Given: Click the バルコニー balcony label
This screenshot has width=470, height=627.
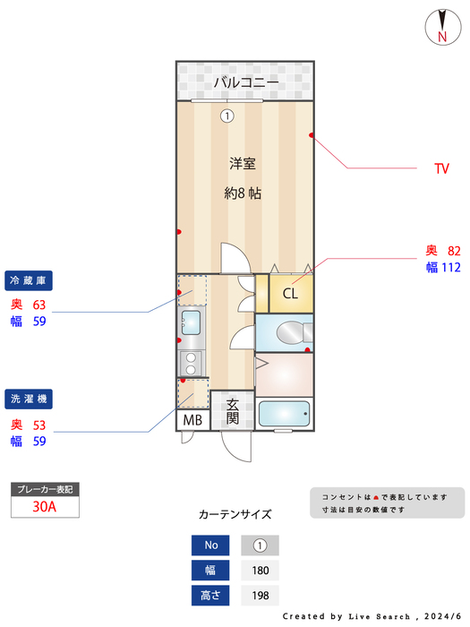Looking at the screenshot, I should [245, 83].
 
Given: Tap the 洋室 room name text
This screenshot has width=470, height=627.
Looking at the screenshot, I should [243, 163].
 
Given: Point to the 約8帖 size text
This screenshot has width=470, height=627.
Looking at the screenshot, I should [243, 193].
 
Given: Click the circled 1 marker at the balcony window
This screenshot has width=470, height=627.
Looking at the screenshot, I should [227, 115].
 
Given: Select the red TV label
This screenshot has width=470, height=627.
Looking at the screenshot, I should [440, 168].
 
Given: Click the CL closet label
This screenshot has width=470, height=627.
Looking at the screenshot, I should [291, 293].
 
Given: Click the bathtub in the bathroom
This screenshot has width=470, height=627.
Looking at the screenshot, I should [284, 414].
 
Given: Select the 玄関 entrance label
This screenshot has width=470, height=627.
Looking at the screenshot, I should [232, 411].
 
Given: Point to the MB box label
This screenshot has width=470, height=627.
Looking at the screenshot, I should [192, 420].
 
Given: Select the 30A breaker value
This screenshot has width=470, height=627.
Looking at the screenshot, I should [45, 507].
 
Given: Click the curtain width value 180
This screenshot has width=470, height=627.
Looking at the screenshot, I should [260, 571].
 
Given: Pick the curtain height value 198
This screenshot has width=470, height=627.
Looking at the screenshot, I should [260, 595].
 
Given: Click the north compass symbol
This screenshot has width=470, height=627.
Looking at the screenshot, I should [441, 25].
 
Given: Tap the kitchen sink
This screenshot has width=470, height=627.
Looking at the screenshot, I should [191, 321].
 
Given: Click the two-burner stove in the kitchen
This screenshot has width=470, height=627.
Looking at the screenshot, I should [190, 363].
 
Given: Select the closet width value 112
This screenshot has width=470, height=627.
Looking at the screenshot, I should [449, 267].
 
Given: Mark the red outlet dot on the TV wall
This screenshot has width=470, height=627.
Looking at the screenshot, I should [312, 136].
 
